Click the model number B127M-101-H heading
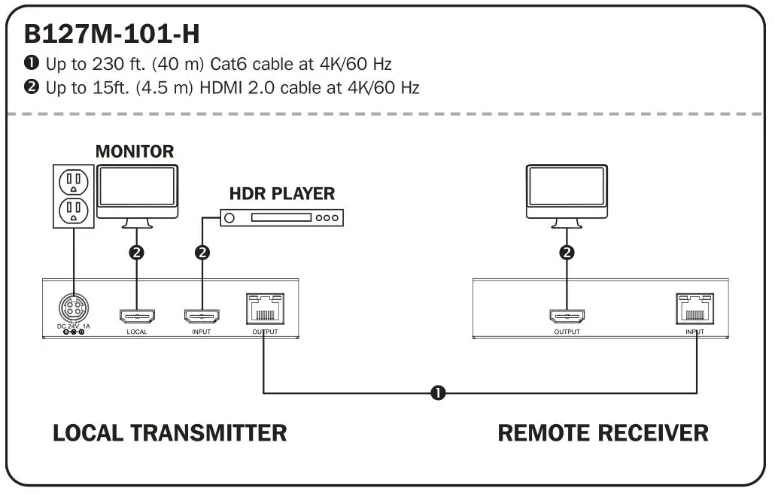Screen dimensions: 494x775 click(x=111, y=34)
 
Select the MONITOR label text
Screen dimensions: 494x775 click(x=135, y=151)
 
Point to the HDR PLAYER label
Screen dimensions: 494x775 click(x=281, y=193)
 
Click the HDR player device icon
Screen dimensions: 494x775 click(x=281, y=218)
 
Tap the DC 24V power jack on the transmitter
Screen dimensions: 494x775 click(x=73, y=309)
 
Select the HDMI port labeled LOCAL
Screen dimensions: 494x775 click(x=137, y=316)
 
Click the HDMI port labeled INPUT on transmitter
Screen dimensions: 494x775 click(x=202, y=316)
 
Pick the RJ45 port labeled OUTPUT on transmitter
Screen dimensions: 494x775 click(x=265, y=309)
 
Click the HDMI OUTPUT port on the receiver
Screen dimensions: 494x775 click(x=567, y=316)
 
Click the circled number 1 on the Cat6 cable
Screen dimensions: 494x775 click(x=436, y=392)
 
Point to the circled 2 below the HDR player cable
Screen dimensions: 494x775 click(x=202, y=253)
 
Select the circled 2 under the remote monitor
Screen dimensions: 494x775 click(x=567, y=253)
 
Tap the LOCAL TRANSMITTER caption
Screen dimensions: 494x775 click(x=169, y=433)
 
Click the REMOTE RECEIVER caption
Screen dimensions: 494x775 click(x=603, y=433)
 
